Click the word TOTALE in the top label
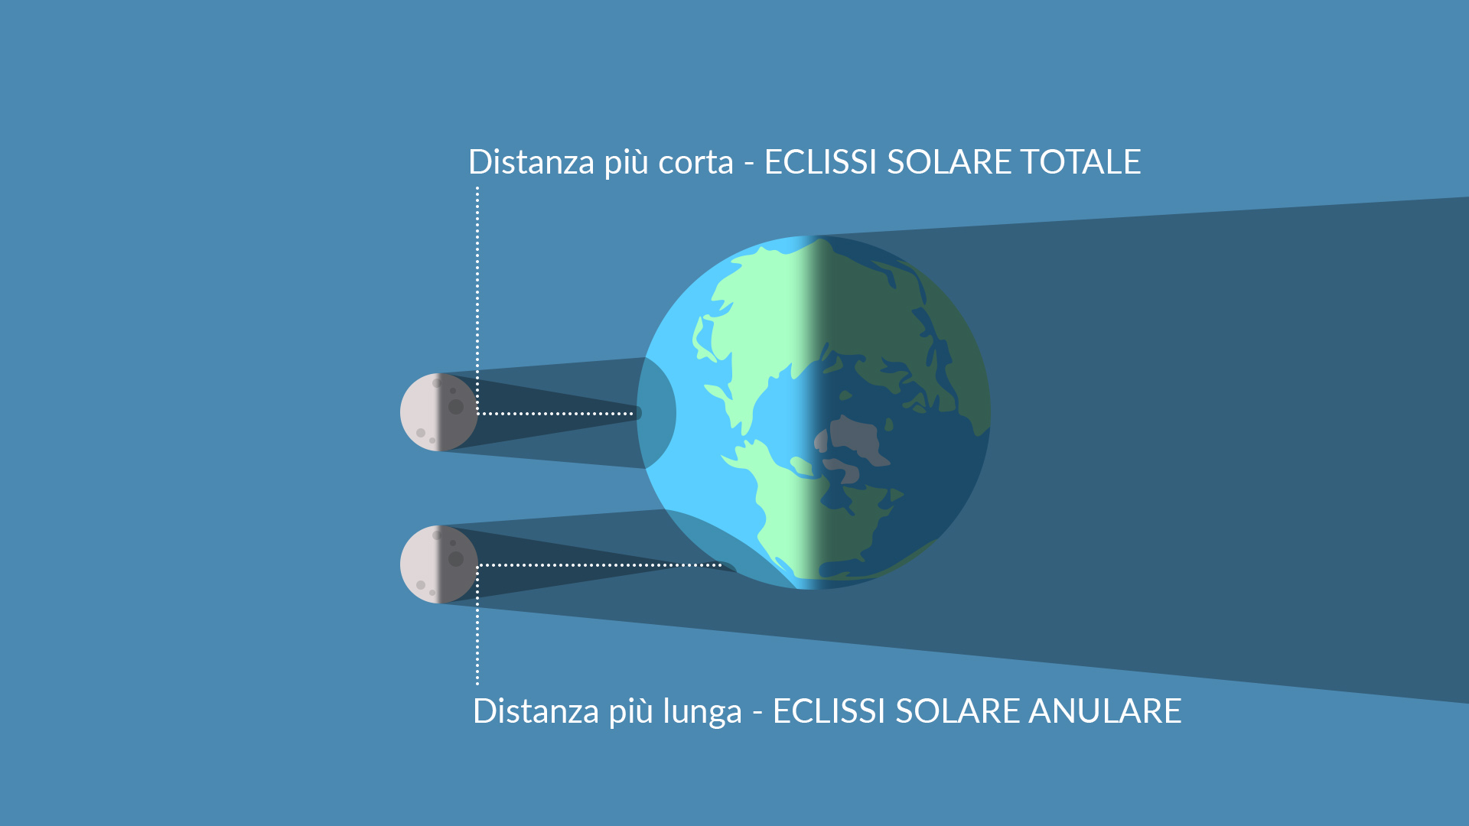tap(1080, 162)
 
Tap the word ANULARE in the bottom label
tap(1105, 711)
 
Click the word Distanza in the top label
tap(531, 162)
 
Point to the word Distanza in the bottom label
tap(536, 711)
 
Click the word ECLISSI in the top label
tap(820, 162)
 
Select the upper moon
tap(439, 412)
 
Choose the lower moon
tap(439, 564)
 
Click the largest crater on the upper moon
tap(456, 407)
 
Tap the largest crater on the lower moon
tap(456, 559)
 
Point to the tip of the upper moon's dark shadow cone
tap(640, 413)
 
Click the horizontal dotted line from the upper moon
tap(555, 414)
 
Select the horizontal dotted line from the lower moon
tap(600, 565)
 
